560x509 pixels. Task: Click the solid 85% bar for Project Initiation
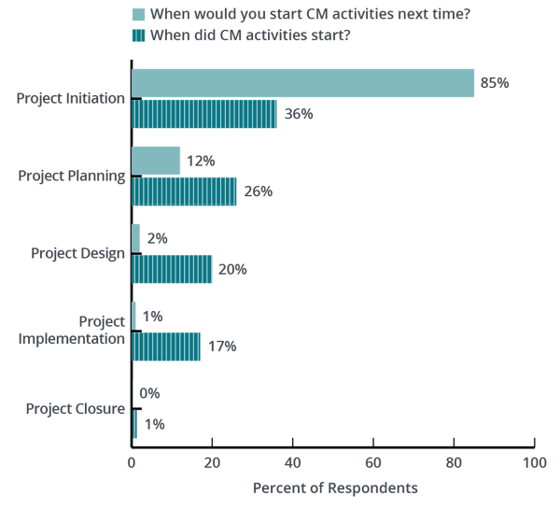(x=303, y=83)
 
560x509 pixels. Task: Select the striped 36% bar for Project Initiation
(x=203, y=114)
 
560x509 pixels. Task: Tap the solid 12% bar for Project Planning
(x=156, y=161)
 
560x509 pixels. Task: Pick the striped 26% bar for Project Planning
(x=184, y=191)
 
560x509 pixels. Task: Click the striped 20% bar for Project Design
(x=172, y=269)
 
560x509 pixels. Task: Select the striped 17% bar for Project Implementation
(x=165, y=346)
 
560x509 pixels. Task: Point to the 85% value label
(x=494, y=83)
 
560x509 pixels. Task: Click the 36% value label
(x=299, y=114)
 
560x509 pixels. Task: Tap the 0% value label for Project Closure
(x=148, y=393)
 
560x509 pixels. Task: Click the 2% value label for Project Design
(x=156, y=238)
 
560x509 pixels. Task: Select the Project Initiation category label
(x=71, y=98)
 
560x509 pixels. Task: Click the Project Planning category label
(x=72, y=176)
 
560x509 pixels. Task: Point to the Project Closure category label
(x=75, y=408)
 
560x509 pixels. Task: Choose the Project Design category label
(x=77, y=253)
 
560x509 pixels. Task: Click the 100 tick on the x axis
(x=534, y=461)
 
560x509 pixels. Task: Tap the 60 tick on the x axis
(x=373, y=461)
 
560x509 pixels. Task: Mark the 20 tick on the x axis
(x=212, y=461)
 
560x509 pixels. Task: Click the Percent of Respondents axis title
(x=335, y=488)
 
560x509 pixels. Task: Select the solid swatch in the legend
(x=138, y=14)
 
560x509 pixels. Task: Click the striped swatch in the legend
(x=138, y=35)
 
